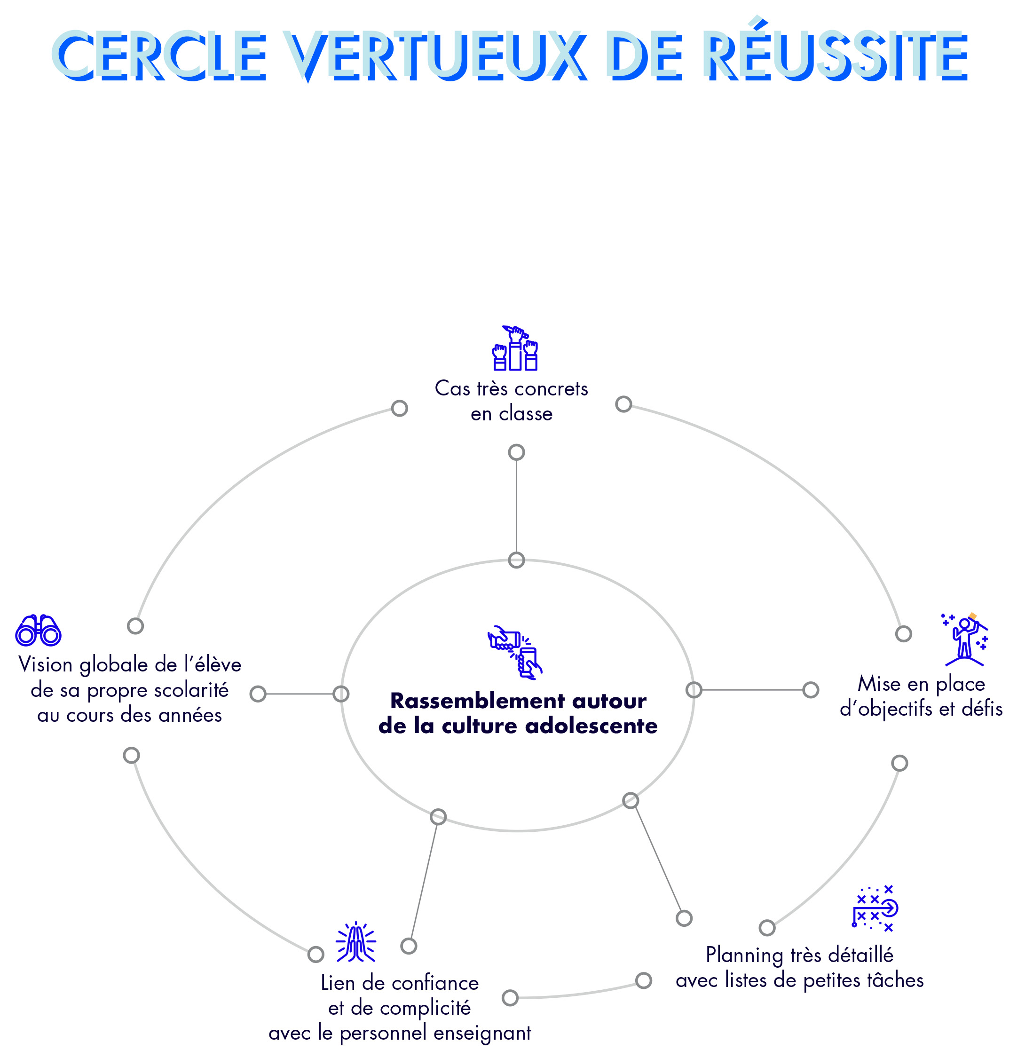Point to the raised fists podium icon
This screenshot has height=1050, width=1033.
click(x=515, y=348)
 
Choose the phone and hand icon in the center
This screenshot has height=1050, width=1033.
click(x=514, y=652)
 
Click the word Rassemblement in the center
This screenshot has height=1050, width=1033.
click(x=477, y=701)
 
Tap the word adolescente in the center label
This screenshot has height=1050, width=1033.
click(x=591, y=726)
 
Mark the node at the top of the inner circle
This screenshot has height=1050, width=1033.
click(x=516, y=560)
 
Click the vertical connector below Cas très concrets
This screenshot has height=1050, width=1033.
click(x=516, y=506)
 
